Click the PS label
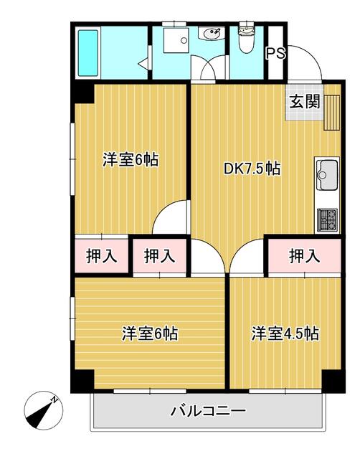275,53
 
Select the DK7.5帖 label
252,169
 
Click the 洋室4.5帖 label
285,333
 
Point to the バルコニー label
208,412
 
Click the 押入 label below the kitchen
304,255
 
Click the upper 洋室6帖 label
130,160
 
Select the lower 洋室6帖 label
149,333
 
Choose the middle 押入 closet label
158,255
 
